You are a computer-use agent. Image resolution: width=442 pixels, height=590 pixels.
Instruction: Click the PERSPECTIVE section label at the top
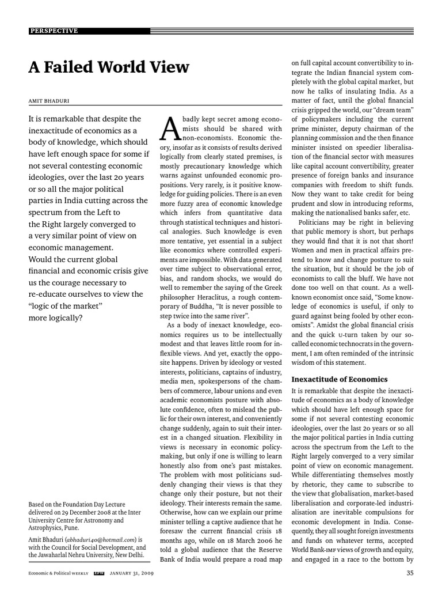pos(54,31)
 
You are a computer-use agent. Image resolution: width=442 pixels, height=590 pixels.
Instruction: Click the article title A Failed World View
pos(109,67)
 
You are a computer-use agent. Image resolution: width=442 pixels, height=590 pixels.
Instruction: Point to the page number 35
pos(410,573)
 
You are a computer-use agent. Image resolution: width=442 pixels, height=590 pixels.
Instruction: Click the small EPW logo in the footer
pos(98,573)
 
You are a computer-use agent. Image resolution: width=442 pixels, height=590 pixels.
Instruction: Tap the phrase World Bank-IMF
pos(314,549)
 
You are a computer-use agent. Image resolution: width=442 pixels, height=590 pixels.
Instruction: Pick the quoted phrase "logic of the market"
pos(66,305)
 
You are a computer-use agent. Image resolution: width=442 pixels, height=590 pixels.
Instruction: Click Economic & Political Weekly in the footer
pos(58,573)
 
